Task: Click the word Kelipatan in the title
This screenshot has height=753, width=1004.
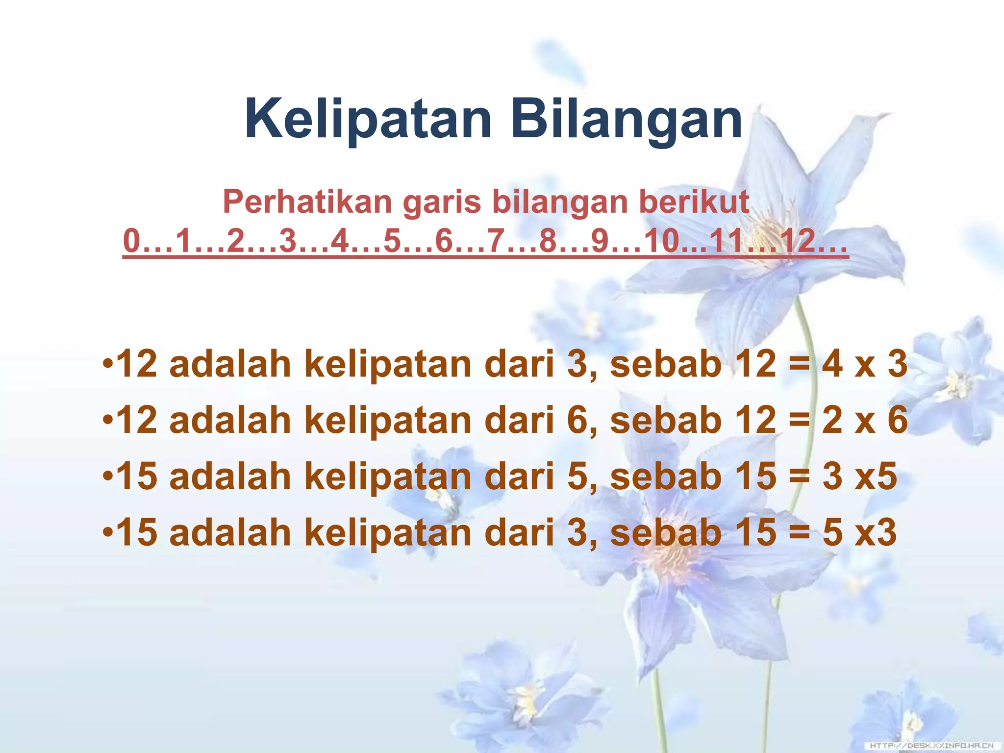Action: tap(368, 119)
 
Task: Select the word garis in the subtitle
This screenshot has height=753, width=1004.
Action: tap(441, 201)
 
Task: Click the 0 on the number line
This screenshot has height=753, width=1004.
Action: tap(131, 241)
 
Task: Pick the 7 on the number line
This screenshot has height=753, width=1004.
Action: tap(496, 241)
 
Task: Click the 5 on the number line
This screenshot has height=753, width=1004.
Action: tap(392, 241)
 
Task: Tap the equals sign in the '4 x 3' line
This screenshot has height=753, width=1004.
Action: tap(799, 365)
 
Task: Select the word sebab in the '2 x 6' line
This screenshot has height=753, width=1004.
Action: tap(666, 421)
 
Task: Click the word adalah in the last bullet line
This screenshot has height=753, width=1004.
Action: tap(230, 533)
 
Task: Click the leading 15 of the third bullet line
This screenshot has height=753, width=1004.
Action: tap(138, 477)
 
